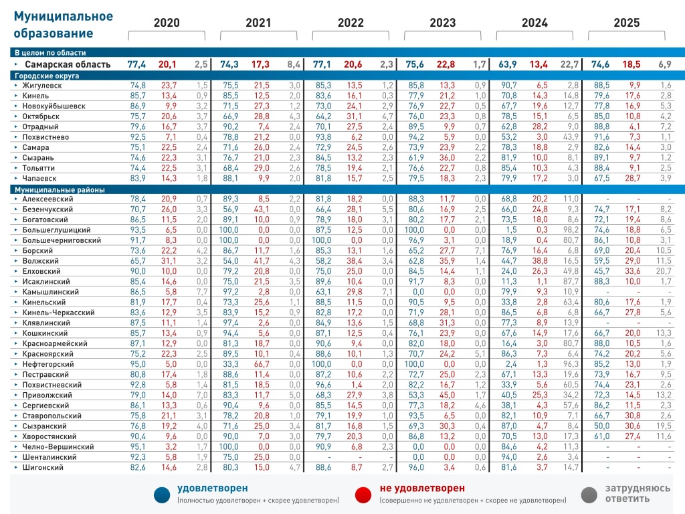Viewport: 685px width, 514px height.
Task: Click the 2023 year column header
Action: click(443, 23)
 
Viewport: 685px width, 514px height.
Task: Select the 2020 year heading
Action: click(167, 23)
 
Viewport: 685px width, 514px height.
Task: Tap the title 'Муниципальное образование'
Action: click(64, 25)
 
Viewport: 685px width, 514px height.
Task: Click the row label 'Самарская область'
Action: click(68, 64)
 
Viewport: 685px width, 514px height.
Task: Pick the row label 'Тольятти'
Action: click(38, 168)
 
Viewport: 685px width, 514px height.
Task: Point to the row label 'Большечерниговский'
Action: click(62, 240)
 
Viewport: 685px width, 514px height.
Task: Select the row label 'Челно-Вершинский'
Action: click(58, 446)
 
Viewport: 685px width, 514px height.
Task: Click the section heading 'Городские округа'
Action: click(47, 76)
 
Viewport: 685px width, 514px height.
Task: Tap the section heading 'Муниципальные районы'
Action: click(60, 189)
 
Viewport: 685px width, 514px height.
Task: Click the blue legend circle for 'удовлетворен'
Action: click(162, 495)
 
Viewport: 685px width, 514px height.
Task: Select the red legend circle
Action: click(363, 495)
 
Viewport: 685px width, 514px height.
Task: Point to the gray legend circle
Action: click(589, 495)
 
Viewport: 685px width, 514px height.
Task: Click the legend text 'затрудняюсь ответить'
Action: click(638, 493)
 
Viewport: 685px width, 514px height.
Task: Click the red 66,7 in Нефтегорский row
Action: click(262, 364)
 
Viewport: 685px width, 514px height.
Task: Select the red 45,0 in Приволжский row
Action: click(447, 395)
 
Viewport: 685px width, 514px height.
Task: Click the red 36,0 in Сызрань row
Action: click(447, 158)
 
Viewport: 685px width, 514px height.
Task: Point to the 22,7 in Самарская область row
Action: click(569, 64)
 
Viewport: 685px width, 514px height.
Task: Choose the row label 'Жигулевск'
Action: click(42, 85)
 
